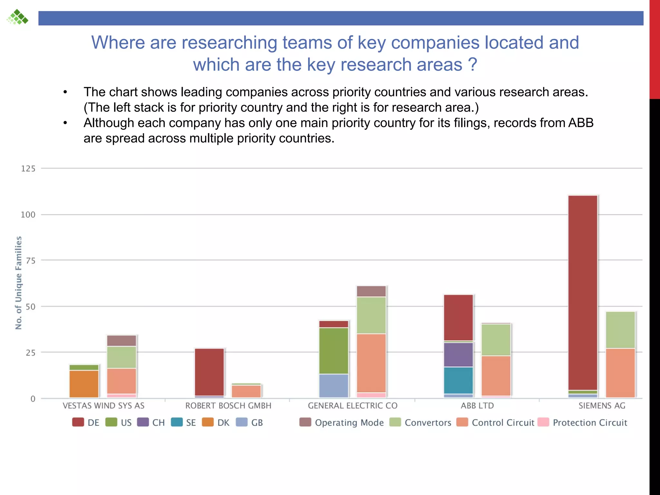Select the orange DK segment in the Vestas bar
coord(84,384)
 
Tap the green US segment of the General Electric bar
coord(334,351)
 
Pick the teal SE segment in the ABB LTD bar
coord(458,380)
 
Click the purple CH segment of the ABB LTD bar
coord(458,354)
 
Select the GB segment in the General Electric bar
coord(334,385)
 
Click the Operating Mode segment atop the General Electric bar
coord(371,291)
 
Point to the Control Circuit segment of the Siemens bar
coord(620,373)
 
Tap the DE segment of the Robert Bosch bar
coord(209,372)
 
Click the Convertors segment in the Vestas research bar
coord(121,357)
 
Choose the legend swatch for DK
coord(208,422)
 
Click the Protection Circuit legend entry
coord(590,422)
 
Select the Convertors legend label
coord(428,422)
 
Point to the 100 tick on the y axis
coord(28,215)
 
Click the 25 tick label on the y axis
coord(30,353)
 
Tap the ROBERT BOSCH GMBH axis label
coord(228,406)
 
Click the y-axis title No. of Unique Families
coord(19,283)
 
